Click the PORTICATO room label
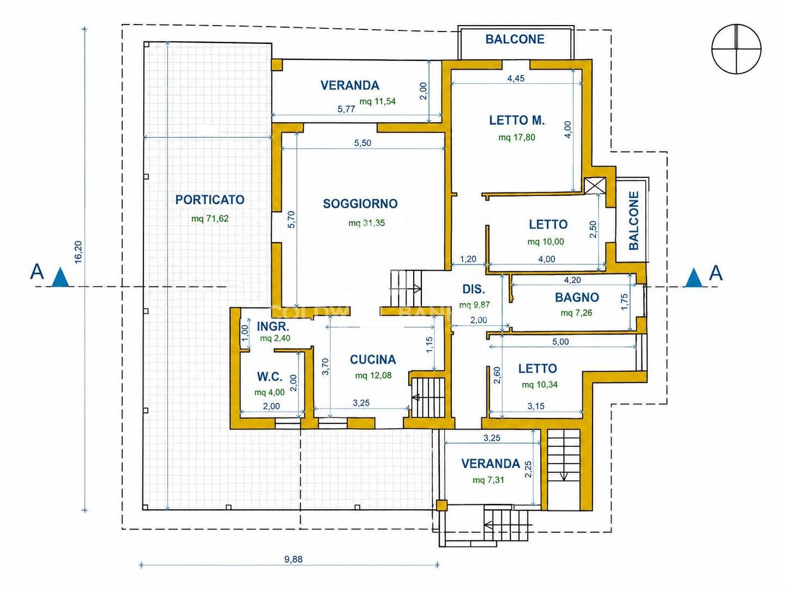coord(210,200)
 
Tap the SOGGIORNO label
coord(360,203)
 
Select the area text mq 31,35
coord(366,223)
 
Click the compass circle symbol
coord(737,49)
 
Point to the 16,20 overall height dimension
coord(79,252)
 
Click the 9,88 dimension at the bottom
coord(293,559)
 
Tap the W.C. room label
coord(270,376)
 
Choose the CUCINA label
coord(372,359)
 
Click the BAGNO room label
coord(577,297)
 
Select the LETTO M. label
coord(517,120)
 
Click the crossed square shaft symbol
coord(595,185)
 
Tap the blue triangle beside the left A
coord(60,277)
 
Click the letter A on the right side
coord(716,273)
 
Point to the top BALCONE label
coord(515,39)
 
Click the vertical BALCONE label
coord(633,221)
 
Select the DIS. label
coord(474,289)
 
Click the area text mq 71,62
coord(210,218)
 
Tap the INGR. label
coord(273,326)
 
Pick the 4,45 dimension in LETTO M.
coord(516,78)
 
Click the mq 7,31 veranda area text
coord(488,480)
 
